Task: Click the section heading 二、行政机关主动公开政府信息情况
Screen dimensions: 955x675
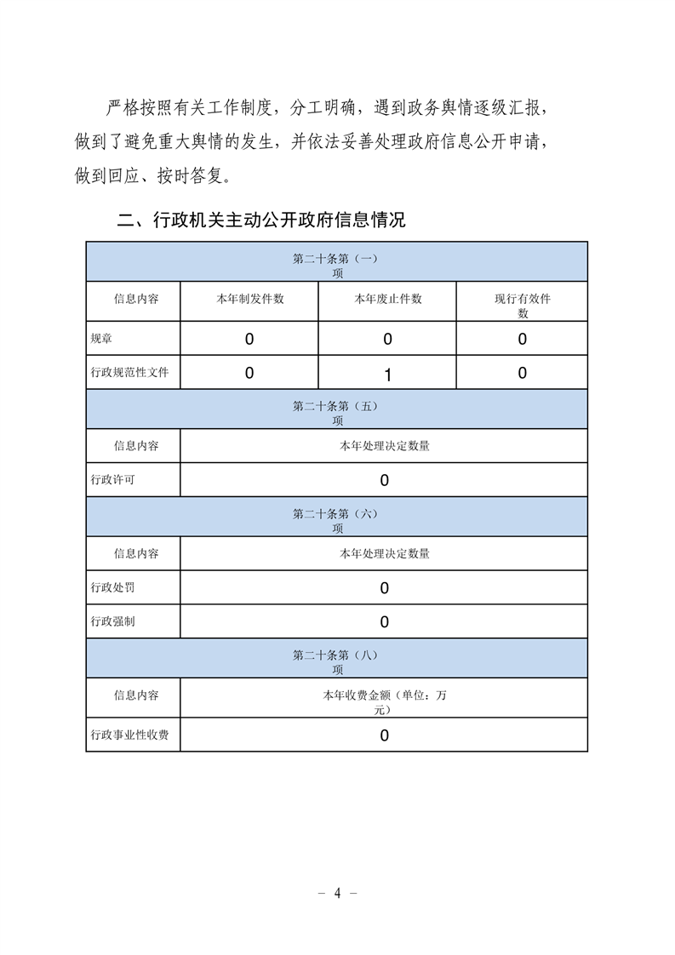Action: click(x=260, y=221)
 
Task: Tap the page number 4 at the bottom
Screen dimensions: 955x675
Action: click(x=337, y=893)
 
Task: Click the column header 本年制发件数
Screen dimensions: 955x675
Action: click(x=249, y=300)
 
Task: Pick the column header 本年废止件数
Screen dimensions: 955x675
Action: click(x=387, y=300)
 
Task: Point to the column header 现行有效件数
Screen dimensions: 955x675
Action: click(x=523, y=305)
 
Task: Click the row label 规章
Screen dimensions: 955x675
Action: click(x=101, y=339)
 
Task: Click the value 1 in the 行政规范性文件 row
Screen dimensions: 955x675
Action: click(x=387, y=375)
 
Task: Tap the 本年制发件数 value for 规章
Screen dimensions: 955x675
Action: click(x=249, y=339)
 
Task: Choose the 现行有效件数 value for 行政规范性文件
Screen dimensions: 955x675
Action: click(x=523, y=373)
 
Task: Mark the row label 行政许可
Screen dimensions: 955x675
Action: click(x=112, y=480)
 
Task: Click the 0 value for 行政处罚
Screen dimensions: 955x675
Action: click(x=385, y=588)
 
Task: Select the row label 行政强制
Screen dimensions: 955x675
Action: click(x=112, y=621)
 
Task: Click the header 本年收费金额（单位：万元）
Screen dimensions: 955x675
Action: click(x=384, y=701)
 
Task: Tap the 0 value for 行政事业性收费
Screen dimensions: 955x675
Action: click(x=385, y=735)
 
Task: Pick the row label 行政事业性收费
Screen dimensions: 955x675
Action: click(x=129, y=735)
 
